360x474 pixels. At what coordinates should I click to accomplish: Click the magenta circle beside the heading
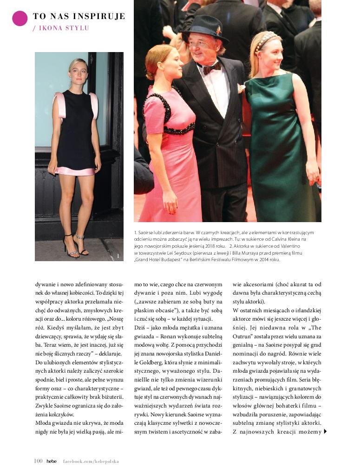[x=20, y=18]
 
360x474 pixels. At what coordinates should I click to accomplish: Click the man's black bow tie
[x=211, y=68]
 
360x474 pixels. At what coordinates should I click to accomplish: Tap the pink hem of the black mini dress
[x=75, y=171]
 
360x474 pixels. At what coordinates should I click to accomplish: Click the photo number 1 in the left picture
[x=118, y=256]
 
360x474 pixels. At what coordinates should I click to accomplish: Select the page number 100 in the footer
[x=39, y=461]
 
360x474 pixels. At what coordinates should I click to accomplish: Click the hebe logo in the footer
[x=52, y=461]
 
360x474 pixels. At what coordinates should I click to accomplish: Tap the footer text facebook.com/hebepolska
[x=91, y=461]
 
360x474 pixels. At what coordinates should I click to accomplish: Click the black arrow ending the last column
[x=325, y=432]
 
